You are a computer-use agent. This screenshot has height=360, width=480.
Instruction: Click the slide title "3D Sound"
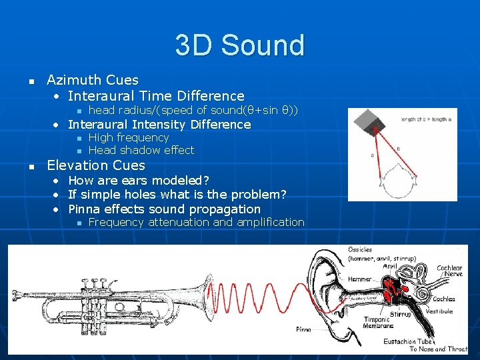pyautogui.click(x=239, y=45)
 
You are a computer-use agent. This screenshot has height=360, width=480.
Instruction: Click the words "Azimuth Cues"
pyautogui.click(x=93, y=81)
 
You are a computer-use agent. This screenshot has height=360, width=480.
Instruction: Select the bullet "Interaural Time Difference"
pyautogui.click(x=156, y=96)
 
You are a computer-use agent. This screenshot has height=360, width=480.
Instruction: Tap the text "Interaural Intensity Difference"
pyautogui.click(x=159, y=125)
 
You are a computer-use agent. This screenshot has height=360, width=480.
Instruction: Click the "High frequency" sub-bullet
pyautogui.click(x=129, y=137)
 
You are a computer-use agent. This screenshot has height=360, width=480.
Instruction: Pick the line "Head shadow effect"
pyautogui.click(x=141, y=150)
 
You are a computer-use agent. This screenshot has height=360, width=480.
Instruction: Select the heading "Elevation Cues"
pyautogui.click(x=96, y=165)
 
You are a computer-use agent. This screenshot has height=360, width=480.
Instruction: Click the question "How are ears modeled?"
pyautogui.click(x=139, y=181)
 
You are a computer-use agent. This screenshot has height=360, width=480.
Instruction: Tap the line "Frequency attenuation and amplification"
pyautogui.click(x=196, y=222)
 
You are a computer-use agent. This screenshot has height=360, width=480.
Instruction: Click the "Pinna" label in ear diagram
pyautogui.click(x=304, y=329)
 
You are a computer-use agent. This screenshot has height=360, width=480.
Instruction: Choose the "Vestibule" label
pyautogui.click(x=439, y=311)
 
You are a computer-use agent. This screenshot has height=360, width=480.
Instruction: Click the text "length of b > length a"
pyautogui.click(x=426, y=119)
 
